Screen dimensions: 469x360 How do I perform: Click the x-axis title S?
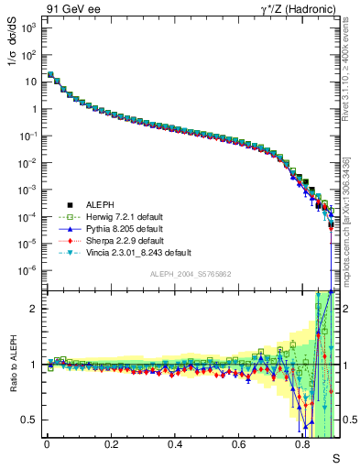click(x=335, y=457)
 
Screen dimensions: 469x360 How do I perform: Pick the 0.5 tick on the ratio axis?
click(x=29, y=420)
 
